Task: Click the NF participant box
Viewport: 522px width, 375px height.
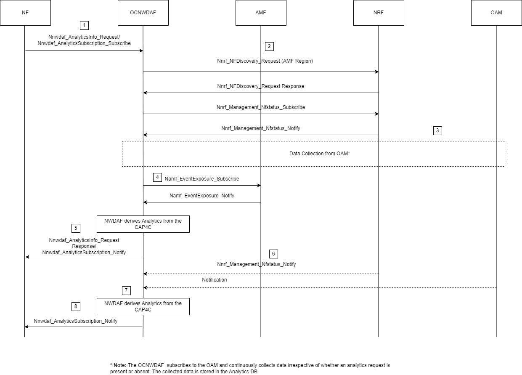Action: (25, 13)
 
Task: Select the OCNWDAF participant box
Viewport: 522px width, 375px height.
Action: (143, 13)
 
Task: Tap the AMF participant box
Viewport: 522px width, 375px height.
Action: (261, 13)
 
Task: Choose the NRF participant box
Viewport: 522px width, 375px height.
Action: (379, 13)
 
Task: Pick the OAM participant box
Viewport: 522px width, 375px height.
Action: (496, 13)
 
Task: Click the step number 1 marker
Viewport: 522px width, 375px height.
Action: (84, 25)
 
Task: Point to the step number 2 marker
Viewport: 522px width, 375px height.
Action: (269, 46)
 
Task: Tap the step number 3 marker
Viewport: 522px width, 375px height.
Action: (437, 130)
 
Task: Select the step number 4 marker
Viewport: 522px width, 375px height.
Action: (157, 177)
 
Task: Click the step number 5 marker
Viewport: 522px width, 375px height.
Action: (76, 228)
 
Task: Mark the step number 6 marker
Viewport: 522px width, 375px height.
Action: (273, 254)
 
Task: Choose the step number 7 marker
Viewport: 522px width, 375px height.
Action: (126, 290)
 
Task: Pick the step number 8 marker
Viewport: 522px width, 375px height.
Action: (76, 306)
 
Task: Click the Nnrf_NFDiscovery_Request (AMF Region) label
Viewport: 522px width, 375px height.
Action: (265, 61)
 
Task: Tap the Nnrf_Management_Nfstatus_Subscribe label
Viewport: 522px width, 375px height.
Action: (260, 107)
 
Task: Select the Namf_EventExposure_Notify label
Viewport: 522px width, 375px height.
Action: (201, 196)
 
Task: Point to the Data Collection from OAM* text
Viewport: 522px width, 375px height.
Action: (320, 154)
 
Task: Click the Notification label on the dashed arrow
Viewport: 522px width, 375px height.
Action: (214, 280)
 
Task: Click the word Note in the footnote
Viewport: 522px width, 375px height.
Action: (120, 365)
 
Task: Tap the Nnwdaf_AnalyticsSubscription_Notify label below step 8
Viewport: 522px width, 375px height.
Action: (76, 321)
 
